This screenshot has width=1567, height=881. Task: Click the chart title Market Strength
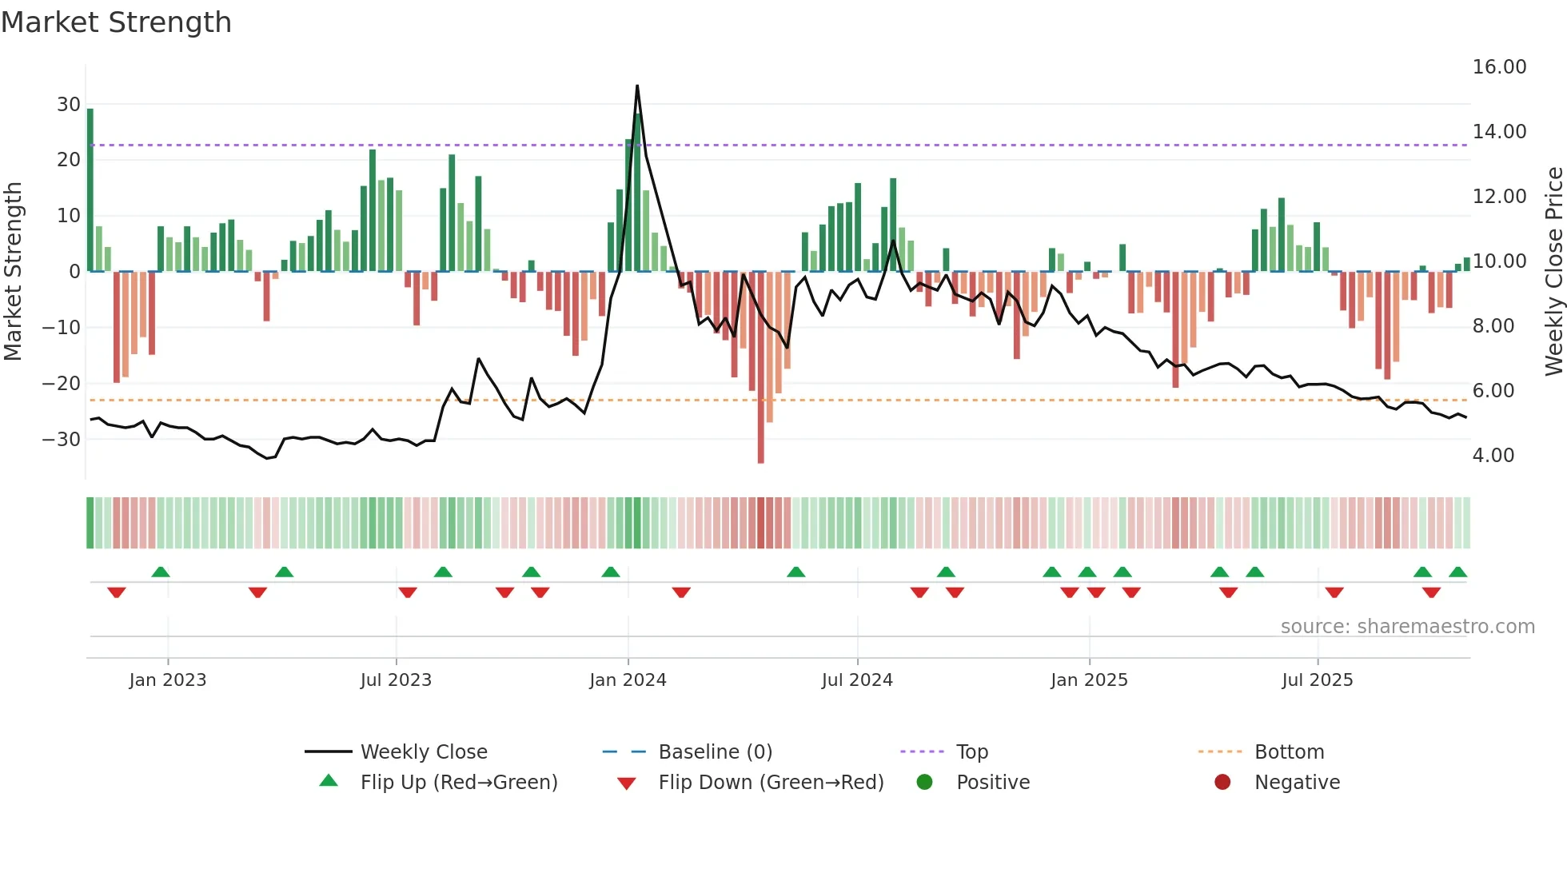click(116, 22)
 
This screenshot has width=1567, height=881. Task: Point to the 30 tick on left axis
click(69, 105)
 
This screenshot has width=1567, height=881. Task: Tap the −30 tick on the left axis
click(62, 439)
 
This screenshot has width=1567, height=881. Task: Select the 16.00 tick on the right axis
click(1499, 67)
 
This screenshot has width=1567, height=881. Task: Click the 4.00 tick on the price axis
click(1493, 456)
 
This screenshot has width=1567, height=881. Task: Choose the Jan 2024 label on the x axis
click(628, 680)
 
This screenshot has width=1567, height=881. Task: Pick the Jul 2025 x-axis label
click(1317, 680)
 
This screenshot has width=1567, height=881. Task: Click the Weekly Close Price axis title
click(1553, 272)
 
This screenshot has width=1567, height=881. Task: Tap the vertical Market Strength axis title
click(13, 272)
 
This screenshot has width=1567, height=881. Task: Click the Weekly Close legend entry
click(423, 752)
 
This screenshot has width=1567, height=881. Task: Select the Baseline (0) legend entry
click(715, 752)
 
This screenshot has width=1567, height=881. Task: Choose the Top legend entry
click(971, 752)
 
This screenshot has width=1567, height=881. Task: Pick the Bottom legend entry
click(1289, 752)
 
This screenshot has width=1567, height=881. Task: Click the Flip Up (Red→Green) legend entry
click(458, 783)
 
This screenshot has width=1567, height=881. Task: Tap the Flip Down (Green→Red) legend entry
click(770, 783)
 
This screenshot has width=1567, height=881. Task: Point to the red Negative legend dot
click(1222, 782)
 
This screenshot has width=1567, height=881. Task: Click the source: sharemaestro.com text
click(1407, 627)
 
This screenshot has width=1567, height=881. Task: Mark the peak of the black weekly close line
click(637, 86)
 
